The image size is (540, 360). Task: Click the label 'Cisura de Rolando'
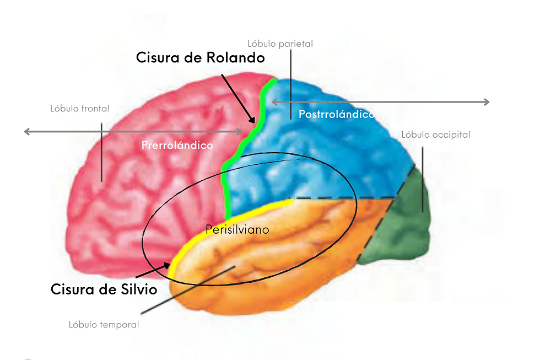coord(201,57)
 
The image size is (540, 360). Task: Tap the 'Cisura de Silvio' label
coord(104,288)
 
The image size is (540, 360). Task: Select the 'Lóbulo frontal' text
coord(80,109)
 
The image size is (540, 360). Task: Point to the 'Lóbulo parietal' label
coord(280,43)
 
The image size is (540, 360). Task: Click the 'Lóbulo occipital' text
coord(435,135)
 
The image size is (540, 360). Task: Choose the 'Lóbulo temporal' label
coord(104,325)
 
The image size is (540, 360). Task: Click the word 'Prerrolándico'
coord(177,146)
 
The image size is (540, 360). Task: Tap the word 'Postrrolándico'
coord(336,114)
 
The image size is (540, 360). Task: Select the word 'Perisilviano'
coord(237,229)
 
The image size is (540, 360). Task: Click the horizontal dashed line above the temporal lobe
coord(342,198)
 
